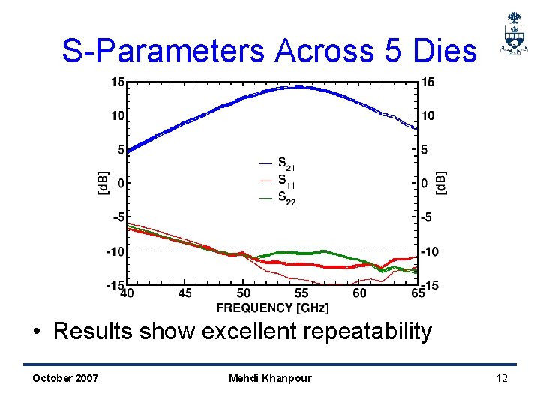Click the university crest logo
click(513, 34)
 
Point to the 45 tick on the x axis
click(184, 293)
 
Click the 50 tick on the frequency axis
click(243, 293)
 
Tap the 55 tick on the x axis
click(301, 293)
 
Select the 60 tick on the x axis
click(359, 293)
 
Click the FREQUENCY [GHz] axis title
click(272, 307)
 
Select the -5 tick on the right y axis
click(426, 217)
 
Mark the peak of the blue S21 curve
click(298, 86)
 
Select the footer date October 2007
click(65, 378)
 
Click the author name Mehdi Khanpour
click(270, 378)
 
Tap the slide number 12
click(502, 378)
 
